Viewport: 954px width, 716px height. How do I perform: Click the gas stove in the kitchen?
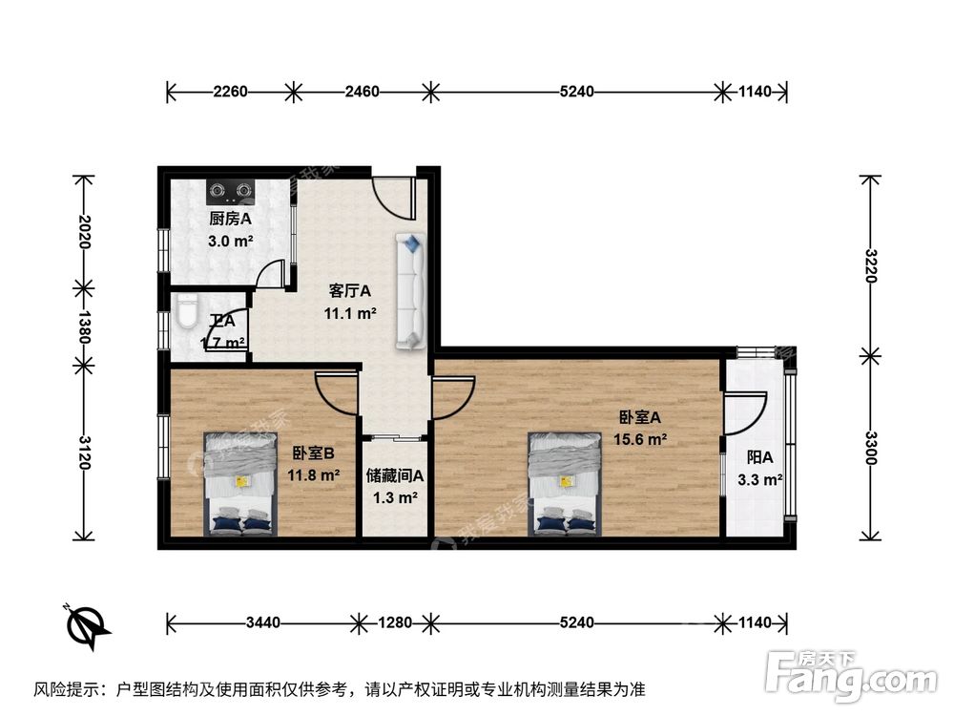tap(232, 190)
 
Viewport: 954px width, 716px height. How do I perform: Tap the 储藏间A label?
tap(395, 475)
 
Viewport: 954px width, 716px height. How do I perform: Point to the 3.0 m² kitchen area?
tap(231, 242)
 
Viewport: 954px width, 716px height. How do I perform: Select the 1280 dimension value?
tap(393, 623)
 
